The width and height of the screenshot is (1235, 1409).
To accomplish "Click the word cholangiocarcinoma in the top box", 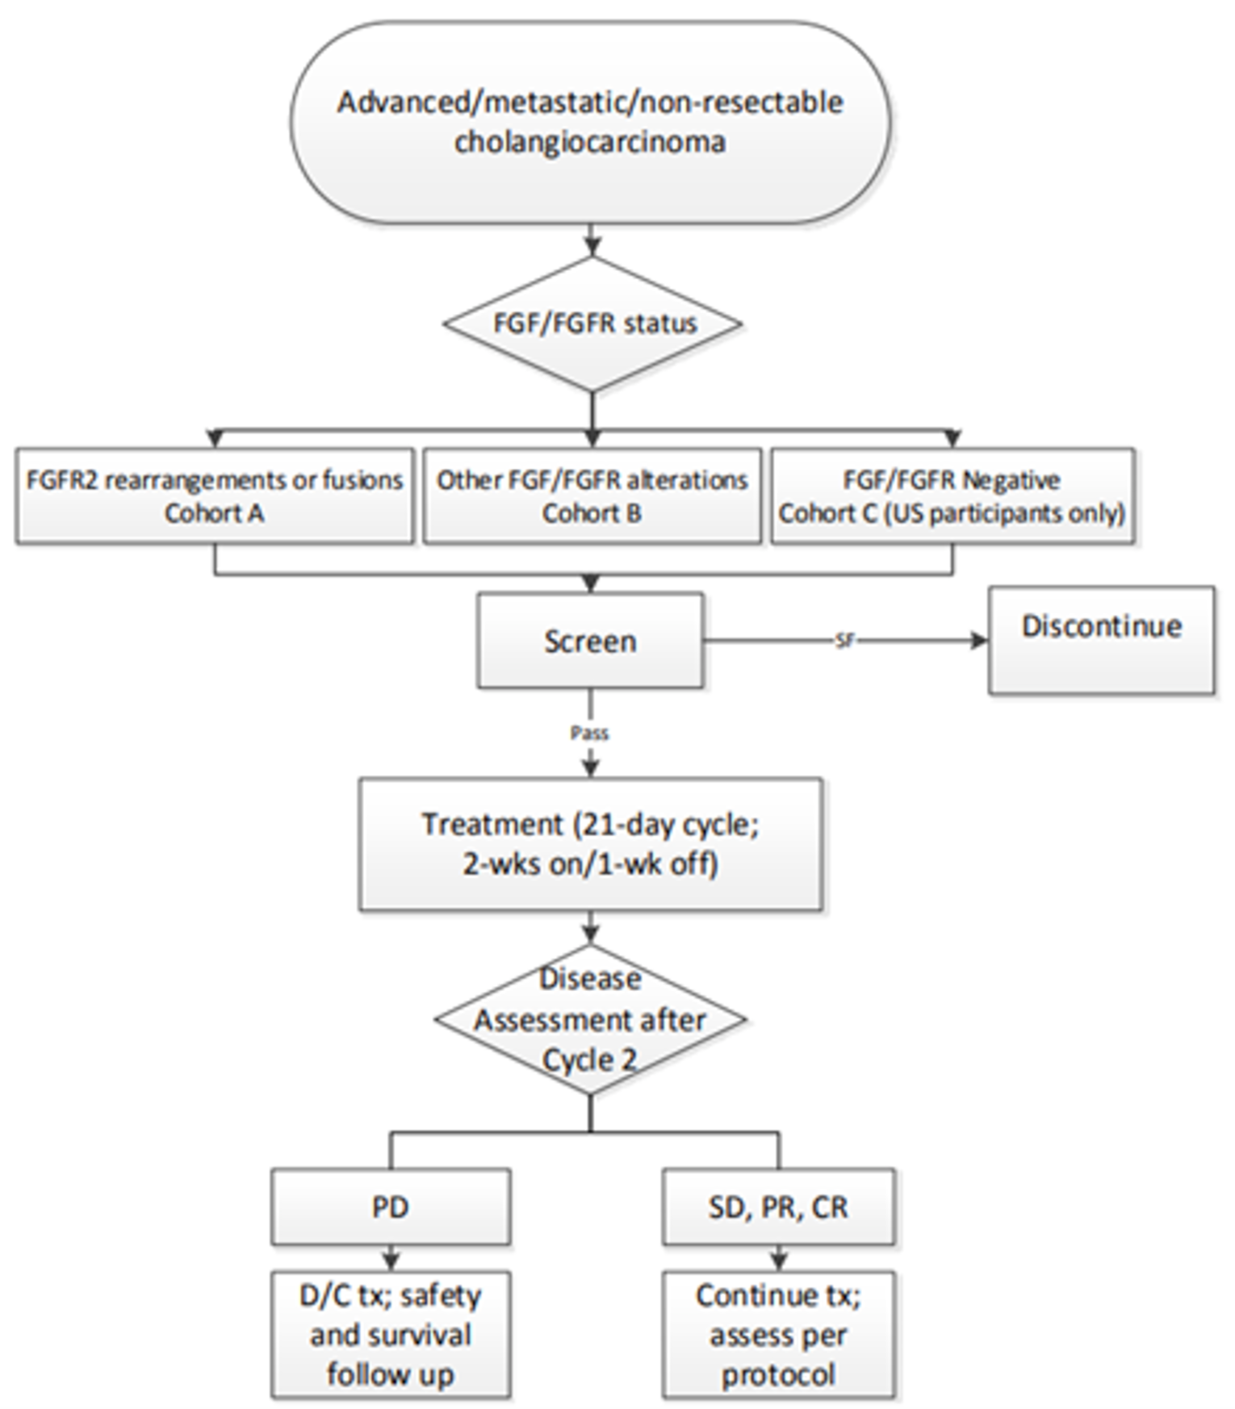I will (589, 142).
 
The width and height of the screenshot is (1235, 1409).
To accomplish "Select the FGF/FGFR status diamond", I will (593, 324).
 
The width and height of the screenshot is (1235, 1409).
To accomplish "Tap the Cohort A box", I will (215, 496).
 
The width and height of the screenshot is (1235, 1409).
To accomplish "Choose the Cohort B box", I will (592, 496).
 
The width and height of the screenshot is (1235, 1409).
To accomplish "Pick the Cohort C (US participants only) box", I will (952, 496).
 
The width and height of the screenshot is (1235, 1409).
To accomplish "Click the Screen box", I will (590, 642).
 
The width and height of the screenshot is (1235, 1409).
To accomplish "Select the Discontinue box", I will (1101, 640).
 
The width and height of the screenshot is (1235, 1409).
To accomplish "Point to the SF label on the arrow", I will (844, 641).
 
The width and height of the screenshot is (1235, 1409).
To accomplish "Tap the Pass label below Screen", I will (590, 733).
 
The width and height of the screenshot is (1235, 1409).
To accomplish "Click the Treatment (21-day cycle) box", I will (590, 844).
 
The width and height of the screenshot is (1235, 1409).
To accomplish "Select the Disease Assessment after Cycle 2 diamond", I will (590, 1019).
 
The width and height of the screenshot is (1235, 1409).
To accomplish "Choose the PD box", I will (391, 1207).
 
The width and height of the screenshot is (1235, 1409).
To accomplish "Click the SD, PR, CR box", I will (778, 1207).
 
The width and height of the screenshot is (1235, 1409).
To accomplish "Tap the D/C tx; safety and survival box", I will (391, 1335).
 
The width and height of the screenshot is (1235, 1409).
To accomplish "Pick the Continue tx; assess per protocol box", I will (778, 1335).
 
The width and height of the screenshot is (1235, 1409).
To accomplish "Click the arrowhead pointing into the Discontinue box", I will (979, 641).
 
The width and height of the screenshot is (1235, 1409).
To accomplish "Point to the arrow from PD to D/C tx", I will (391, 1258).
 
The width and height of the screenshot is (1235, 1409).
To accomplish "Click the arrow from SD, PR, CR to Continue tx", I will (778, 1258).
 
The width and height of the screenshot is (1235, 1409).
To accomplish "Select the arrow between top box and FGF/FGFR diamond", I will (593, 240).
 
